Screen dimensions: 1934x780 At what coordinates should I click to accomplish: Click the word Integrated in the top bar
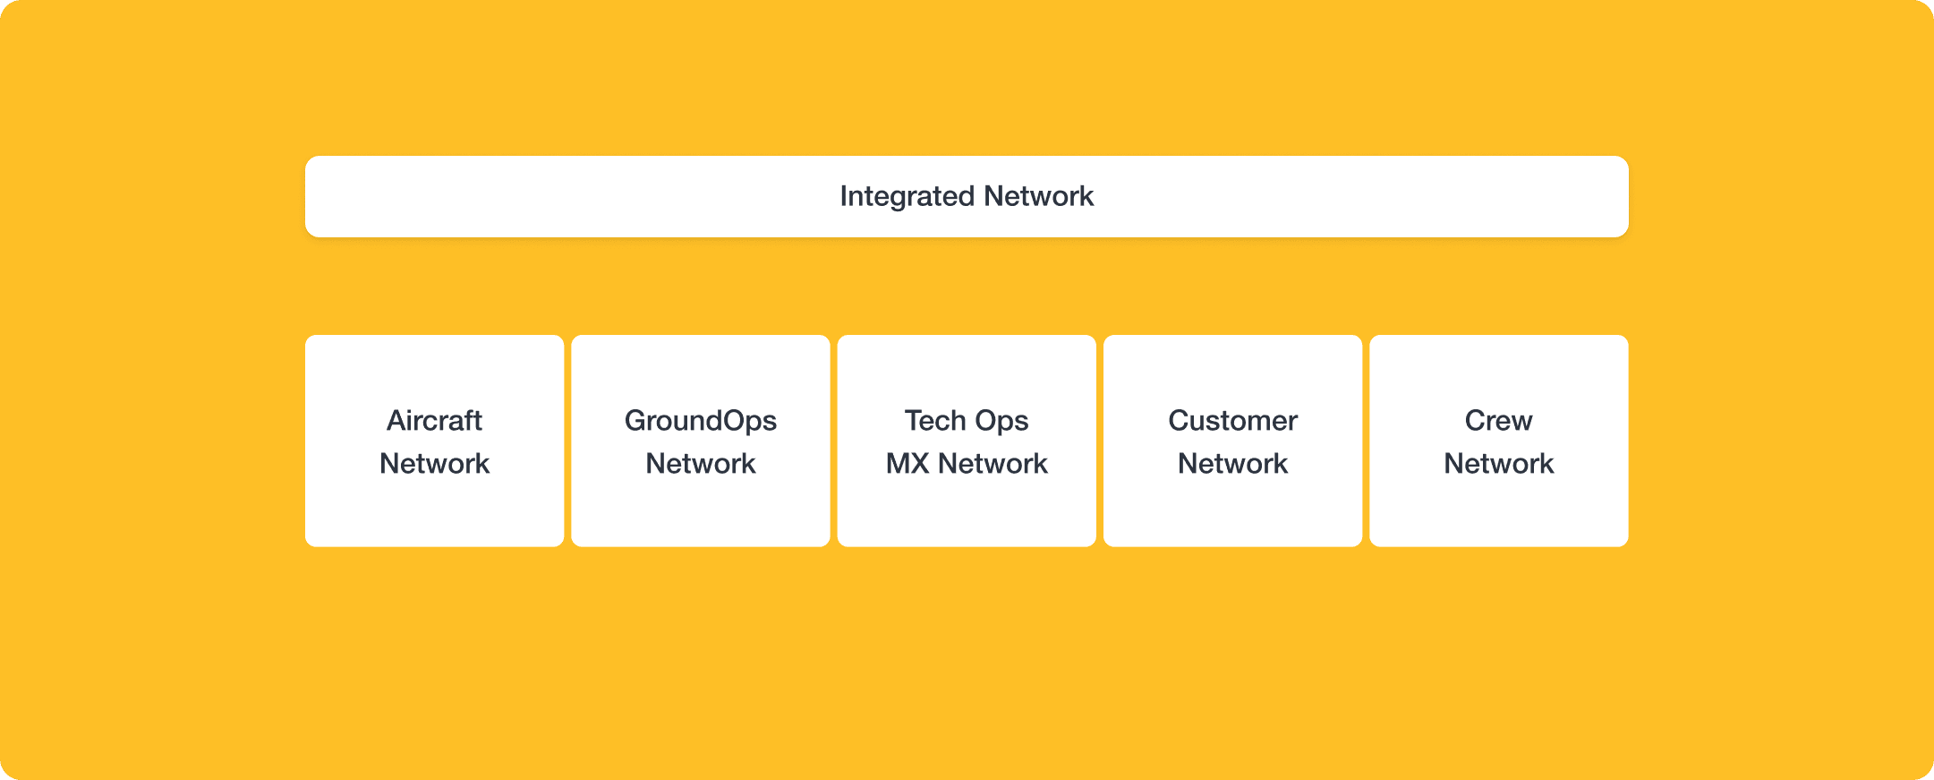pyautogui.click(x=907, y=196)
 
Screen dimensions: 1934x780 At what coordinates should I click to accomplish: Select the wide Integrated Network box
pyautogui.click(x=626, y=197)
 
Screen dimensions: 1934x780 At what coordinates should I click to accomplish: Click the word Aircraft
pyautogui.click(x=434, y=420)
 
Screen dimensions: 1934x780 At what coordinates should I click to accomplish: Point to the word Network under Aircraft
pyautogui.click(x=434, y=464)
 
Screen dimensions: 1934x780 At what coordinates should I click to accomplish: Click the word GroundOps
pyautogui.click(x=700, y=420)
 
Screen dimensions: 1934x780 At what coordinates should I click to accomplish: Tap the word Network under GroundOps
pyautogui.click(x=700, y=464)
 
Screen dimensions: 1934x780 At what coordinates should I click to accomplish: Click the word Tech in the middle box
pyautogui.click(x=935, y=420)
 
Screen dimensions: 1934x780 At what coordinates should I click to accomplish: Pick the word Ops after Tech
pyautogui.click(x=1001, y=420)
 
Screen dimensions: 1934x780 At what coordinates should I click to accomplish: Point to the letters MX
pyautogui.click(x=907, y=464)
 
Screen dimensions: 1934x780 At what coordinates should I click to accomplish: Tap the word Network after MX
pyautogui.click(x=993, y=464)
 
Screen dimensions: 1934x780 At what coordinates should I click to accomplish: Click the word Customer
pyautogui.click(x=1232, y=420)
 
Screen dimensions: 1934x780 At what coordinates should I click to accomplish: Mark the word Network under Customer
pyautogui.click(x=1232, y=464)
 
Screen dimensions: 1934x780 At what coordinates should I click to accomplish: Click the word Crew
pyautogui.click(x=1498, y=420)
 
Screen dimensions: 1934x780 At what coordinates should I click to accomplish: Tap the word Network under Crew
pyautogui.click(x=1498, y=464)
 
